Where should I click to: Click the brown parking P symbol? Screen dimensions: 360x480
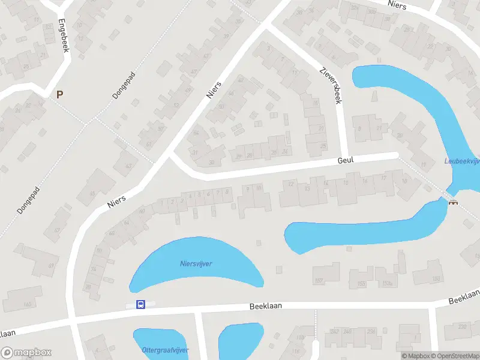[59, 94]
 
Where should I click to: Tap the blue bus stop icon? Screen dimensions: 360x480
[140, 304]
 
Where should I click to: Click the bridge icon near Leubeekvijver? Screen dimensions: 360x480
[453, 202]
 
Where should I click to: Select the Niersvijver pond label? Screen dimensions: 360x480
[196, 263]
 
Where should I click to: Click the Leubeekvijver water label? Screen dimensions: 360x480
[461, 161]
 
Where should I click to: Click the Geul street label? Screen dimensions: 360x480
[346, 161]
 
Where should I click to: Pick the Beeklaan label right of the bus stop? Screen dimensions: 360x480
[266, 306]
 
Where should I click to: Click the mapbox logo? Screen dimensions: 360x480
[26, 352]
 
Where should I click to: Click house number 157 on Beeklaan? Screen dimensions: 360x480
[318, 281]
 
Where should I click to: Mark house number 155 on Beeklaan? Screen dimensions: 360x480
[361, 284]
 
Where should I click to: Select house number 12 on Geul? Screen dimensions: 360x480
[291, 184]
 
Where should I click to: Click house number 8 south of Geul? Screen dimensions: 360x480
[226, 191]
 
